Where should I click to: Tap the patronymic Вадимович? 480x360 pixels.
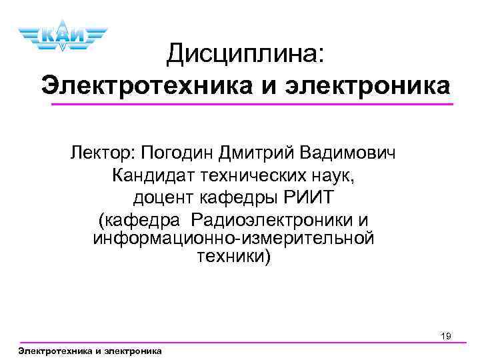(x=351, y=155)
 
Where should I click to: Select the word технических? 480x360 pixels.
(x=255, y=177)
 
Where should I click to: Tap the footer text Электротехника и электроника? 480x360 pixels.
(x=90, y=351)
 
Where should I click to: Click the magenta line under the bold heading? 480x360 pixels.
(x=253, y=105)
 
